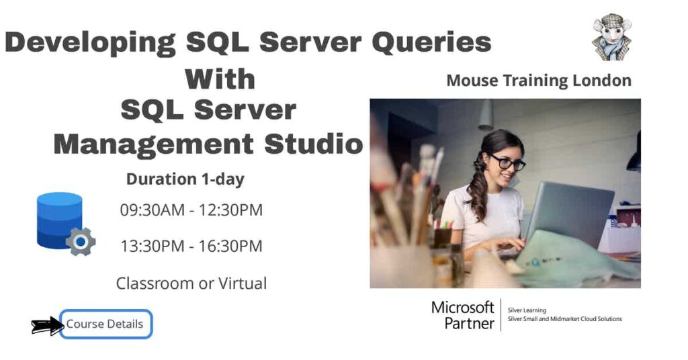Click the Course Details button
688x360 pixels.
coord(105,324)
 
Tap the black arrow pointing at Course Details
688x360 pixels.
coord(47,326)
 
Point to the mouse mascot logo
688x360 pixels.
coord(611,36)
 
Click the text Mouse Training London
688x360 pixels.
coord(539,81)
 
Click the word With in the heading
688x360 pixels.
coord(220,79)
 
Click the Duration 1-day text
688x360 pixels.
coord(185,179)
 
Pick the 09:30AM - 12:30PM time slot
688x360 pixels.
coord(191,210)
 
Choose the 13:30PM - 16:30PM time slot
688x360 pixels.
coord(191,246)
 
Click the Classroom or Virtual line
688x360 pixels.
coord(191,283)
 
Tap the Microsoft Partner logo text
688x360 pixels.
coord(462,315)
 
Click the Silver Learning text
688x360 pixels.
coord(527,310)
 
